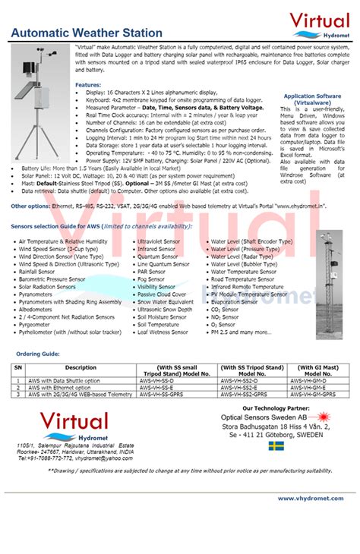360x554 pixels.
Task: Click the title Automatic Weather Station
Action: pos(87,33)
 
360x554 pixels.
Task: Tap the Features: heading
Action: pos(88,85)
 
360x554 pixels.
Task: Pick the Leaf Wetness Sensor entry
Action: pos(162,332)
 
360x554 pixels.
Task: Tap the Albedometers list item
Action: pos(36,310)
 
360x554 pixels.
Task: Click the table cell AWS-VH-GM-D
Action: pos(312,380)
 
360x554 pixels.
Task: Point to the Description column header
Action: pos(81,368)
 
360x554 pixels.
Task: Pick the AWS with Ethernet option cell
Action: pos(63,388)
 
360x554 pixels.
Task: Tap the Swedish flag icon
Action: pos(276,446)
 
